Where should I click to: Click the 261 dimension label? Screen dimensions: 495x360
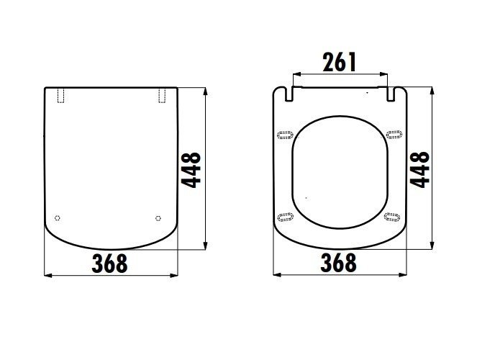pos(340,62)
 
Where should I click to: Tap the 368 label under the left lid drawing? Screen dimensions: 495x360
pos(109,264)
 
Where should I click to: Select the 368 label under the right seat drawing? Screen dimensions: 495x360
pos(338,262)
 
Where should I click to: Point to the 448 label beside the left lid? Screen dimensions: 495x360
pos(191,170)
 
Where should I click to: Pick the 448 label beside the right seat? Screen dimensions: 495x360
pos(419,170)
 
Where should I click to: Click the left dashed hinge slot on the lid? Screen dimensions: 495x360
pos(60,95)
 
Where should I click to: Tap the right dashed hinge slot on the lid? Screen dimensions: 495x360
pos(162,95)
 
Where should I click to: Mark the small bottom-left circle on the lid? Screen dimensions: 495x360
pos(57,218)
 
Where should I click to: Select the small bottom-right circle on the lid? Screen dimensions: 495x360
pos(158,218)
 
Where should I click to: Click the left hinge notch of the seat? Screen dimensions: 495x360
pos(289,94)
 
